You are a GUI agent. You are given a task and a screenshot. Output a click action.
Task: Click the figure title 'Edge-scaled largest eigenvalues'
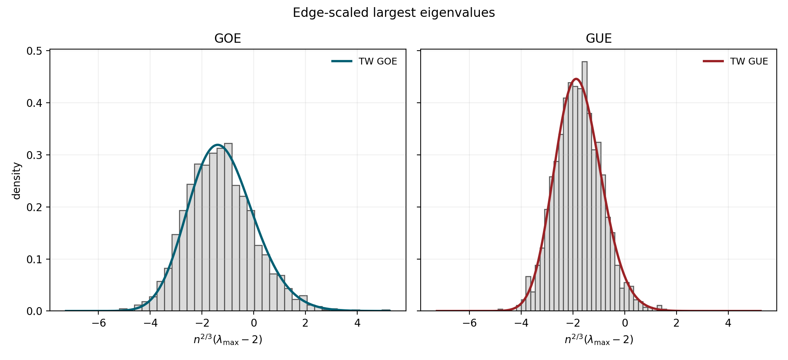[x=394, y=13]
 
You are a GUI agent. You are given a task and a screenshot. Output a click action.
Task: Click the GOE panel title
[x=227, y=39]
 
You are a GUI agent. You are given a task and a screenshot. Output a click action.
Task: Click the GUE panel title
[x=599, y=39]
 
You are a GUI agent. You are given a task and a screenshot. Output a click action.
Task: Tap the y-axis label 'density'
[x=17, y=181]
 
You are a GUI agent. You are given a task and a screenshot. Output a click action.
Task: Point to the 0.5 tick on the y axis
[x=34, y=51]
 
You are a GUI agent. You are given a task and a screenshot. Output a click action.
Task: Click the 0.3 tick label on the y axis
[x=34, y=155]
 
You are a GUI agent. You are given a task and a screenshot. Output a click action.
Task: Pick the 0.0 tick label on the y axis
[x=34, y=312]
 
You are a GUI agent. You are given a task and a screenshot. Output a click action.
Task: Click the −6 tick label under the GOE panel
[x=98, y=323]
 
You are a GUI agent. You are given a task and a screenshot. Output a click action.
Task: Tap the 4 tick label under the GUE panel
[x=728, y=323]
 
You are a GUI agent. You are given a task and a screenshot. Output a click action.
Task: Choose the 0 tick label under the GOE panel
[x=254, y=323]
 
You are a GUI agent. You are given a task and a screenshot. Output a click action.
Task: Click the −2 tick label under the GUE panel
[x=573, y=323]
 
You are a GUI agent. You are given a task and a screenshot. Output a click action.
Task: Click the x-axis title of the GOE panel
[x=227, y=340]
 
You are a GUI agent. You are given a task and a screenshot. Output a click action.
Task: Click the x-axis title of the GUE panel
[x=599, y=340]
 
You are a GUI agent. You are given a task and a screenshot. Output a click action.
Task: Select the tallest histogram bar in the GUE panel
[x=584, y=187]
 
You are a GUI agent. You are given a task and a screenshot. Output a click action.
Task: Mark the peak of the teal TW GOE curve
[x=217, y=145]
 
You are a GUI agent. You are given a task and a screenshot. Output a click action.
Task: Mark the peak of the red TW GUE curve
[x=576, y=79]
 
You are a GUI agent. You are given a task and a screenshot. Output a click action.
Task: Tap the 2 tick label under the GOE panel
[x=305, y=323]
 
